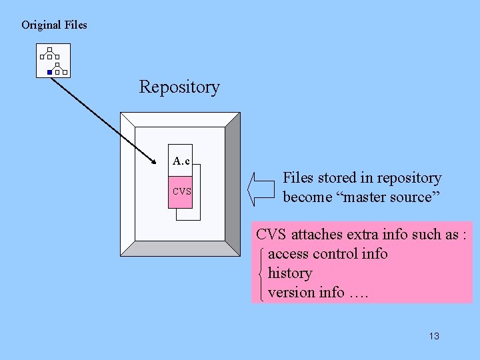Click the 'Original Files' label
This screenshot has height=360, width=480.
pos(54,25)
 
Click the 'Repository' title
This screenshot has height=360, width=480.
pos(179,87)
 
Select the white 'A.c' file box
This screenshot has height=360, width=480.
pos(181,161)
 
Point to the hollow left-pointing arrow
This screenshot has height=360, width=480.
pos(261,189)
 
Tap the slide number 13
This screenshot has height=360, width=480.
pos(434,336)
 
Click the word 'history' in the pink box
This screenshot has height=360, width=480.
pos(289,273)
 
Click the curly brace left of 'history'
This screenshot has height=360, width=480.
pos(261,273)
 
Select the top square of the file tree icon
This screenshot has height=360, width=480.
pos(50,49)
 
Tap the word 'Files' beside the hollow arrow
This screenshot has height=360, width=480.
pos(298,178)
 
